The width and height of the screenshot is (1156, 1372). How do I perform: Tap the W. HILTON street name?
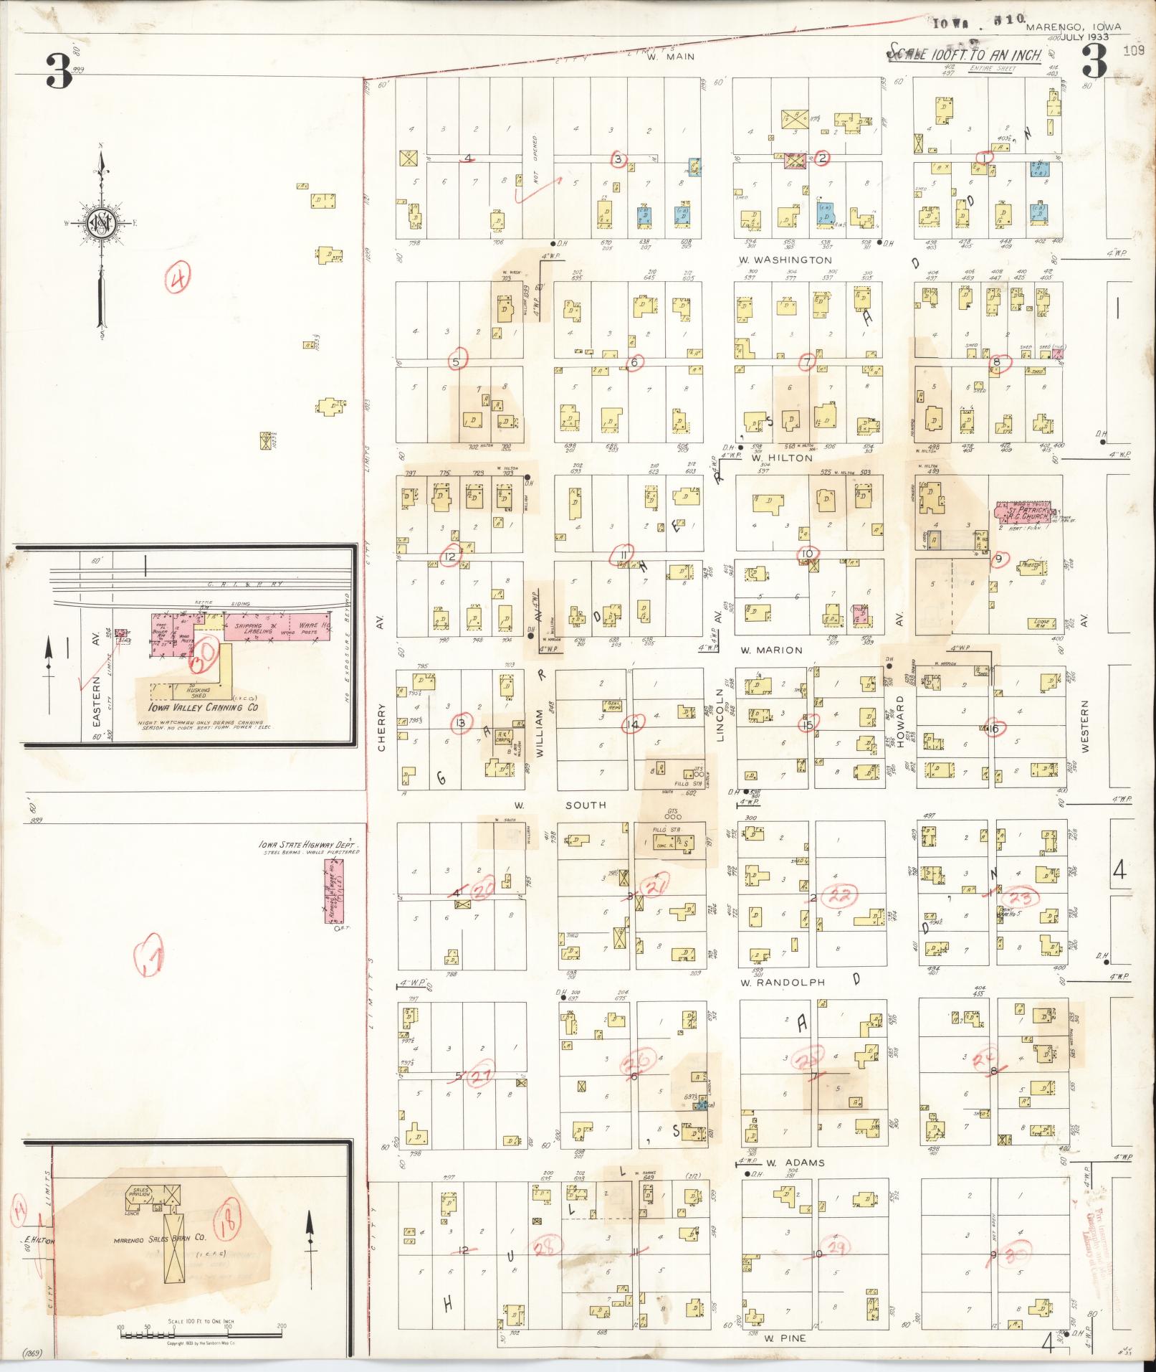(x=781, y=458)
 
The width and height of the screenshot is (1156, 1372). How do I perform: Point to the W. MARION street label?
(x=771, y=650)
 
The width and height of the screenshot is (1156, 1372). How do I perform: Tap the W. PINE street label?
(x=785, y=1338)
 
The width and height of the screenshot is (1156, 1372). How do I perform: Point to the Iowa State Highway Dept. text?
(x=308, y=846)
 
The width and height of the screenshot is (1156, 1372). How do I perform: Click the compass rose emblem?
(x=100, y=224)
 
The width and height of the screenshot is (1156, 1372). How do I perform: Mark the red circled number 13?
(x=461, y=724)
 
